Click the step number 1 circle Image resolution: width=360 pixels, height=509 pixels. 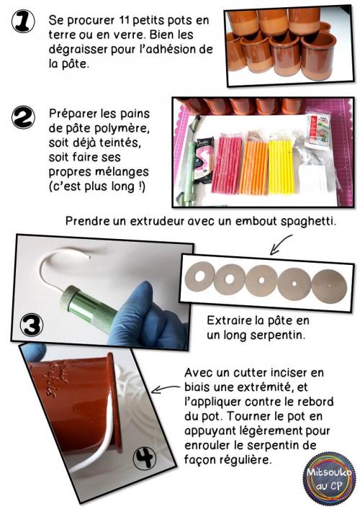pyautogui.click(x=27, y=24)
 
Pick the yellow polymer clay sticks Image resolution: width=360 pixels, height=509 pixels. pyautogui.click(x=282, y=158)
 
